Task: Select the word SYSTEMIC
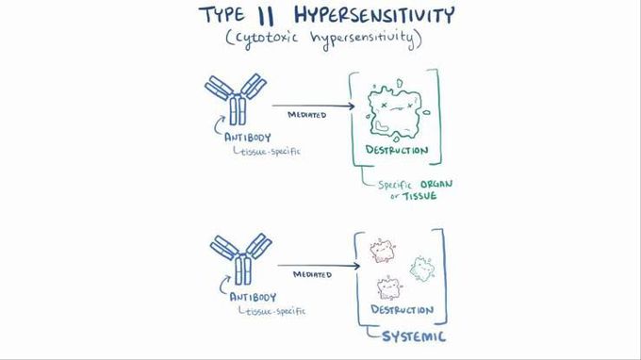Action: click(x=412, y=335)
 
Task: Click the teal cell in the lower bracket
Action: click(x=421, y=270)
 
